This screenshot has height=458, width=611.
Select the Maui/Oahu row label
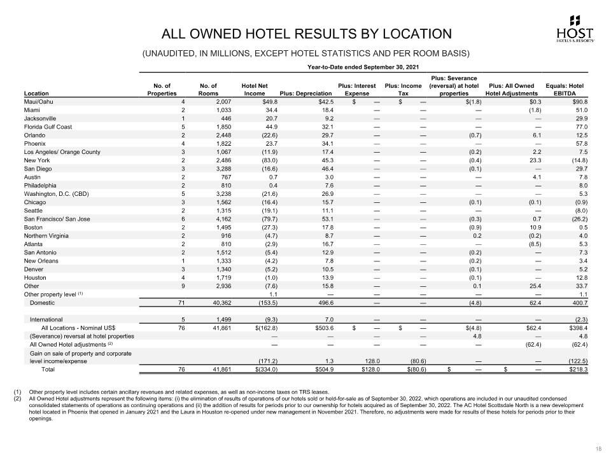coord(39,101)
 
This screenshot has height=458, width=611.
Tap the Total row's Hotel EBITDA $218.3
coord(575,368)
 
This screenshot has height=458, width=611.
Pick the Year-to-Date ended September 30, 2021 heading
coord(363,67)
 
